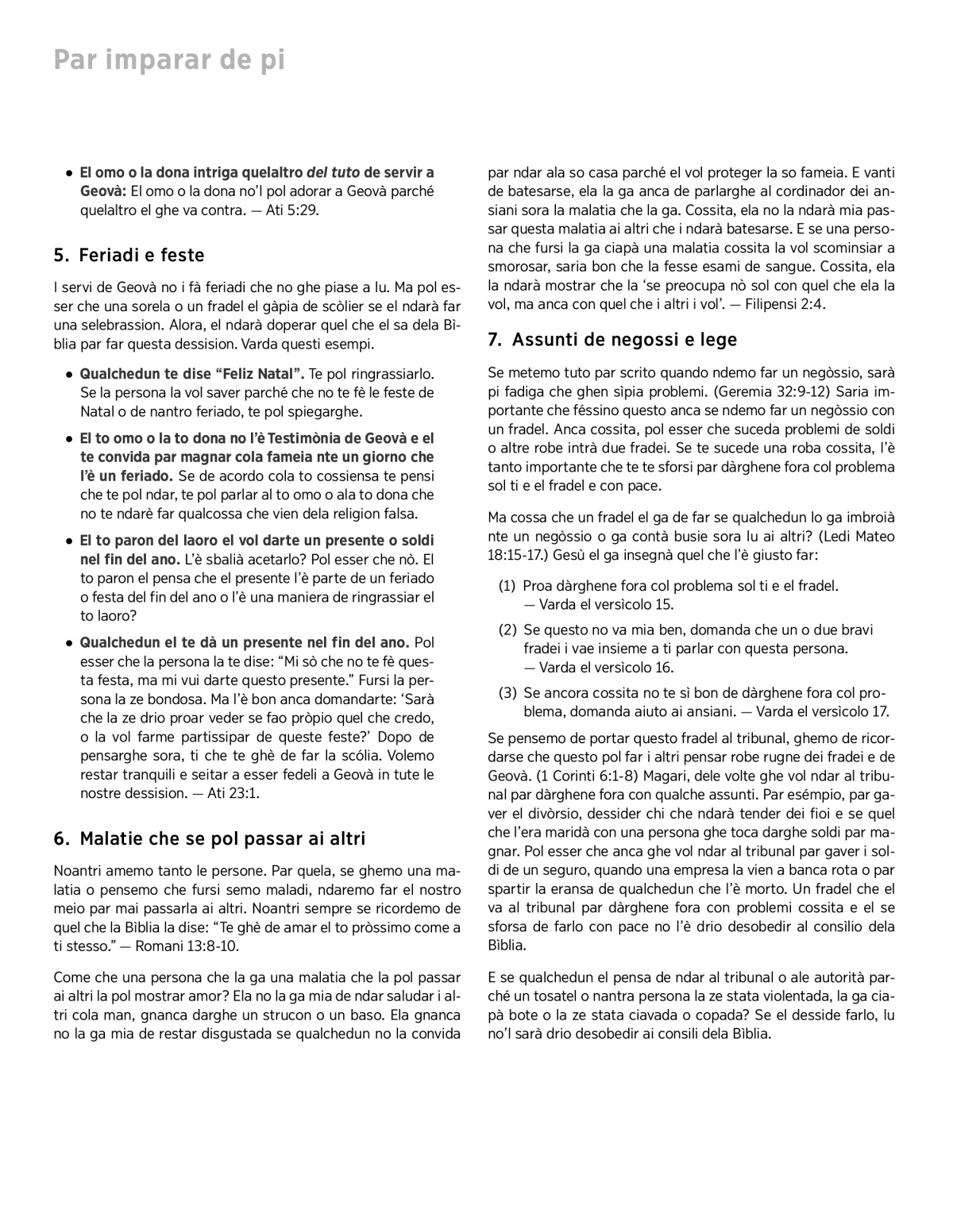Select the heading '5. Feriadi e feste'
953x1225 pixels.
tap(129, 256)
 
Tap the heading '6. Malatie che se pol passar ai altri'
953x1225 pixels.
tap(210, 838)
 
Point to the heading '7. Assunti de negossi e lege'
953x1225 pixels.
tap(612, 340)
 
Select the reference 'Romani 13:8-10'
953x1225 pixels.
tap(187, 946)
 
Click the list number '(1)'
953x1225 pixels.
tap(507, 586)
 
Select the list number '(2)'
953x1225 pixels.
tap(507, 630)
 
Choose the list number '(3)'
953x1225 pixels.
tap(507, 692)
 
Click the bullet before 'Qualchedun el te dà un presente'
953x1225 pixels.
tap(70, 643)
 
